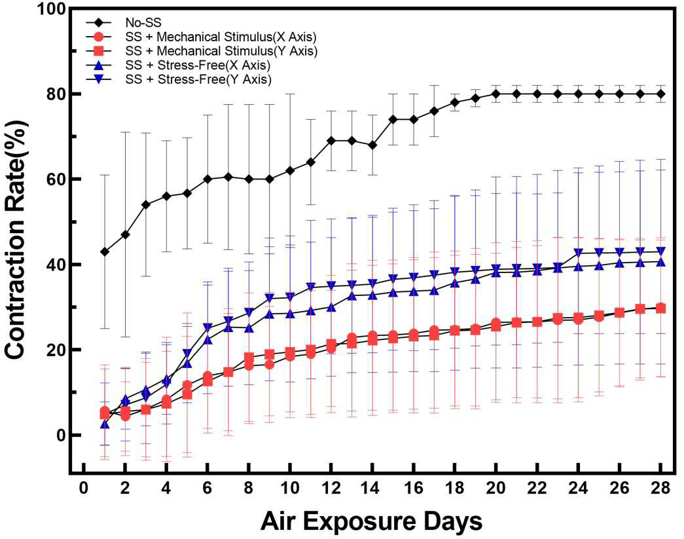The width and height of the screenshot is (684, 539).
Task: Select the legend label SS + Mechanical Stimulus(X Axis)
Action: coord(221,36)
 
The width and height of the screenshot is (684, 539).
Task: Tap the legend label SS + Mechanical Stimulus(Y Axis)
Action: coord(221,50)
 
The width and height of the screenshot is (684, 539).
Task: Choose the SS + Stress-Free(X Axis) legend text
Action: coord(198,65)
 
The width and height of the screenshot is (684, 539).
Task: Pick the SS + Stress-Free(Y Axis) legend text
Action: coord(198,79)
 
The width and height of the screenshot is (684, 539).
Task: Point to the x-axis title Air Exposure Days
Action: coord(372,521)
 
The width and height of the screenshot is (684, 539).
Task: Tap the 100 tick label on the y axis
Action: coord(52,9)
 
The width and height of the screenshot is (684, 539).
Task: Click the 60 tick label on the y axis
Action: coord(56,179)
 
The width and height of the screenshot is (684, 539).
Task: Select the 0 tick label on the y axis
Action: coord(61,435)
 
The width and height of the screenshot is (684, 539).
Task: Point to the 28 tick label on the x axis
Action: coord(660,487)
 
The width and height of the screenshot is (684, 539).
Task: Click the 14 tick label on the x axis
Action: coord(372,487)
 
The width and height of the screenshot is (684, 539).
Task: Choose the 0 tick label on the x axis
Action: coord(84,487)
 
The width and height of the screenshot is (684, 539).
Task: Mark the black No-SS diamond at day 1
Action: coord(104,252)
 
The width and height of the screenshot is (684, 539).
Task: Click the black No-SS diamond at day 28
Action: coord(660,94)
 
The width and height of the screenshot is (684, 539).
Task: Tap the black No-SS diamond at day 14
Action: coord(372,145)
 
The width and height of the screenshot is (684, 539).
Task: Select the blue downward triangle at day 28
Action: coord(660,252)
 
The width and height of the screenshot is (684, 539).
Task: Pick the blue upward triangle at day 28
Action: coord(660,262)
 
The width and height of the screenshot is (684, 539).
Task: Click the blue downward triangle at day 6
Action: coord(207,327)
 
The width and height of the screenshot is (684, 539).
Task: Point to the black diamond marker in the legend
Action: coord(99,22)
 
